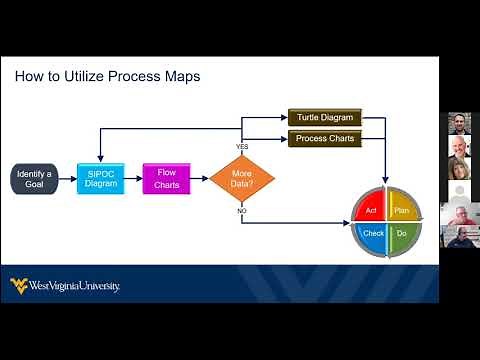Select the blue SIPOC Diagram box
(x=100, y=178)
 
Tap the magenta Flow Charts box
(x=165, y=178)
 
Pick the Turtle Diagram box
(x=324, y=117)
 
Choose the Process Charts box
(x=324, y=138)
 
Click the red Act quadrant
(x=371, y=210)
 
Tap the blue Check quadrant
(x=372, y=234)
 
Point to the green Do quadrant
(x=400, y=234)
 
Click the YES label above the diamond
(x=242, y=147)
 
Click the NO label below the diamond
(x=242, y=212)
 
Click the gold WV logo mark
(x=18, y=286)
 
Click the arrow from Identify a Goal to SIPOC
(x=66, y=179)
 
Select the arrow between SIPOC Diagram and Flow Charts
(x=133, y=179)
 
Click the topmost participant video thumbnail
(x=460, y=124)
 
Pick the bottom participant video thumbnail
(x=460, y=237)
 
